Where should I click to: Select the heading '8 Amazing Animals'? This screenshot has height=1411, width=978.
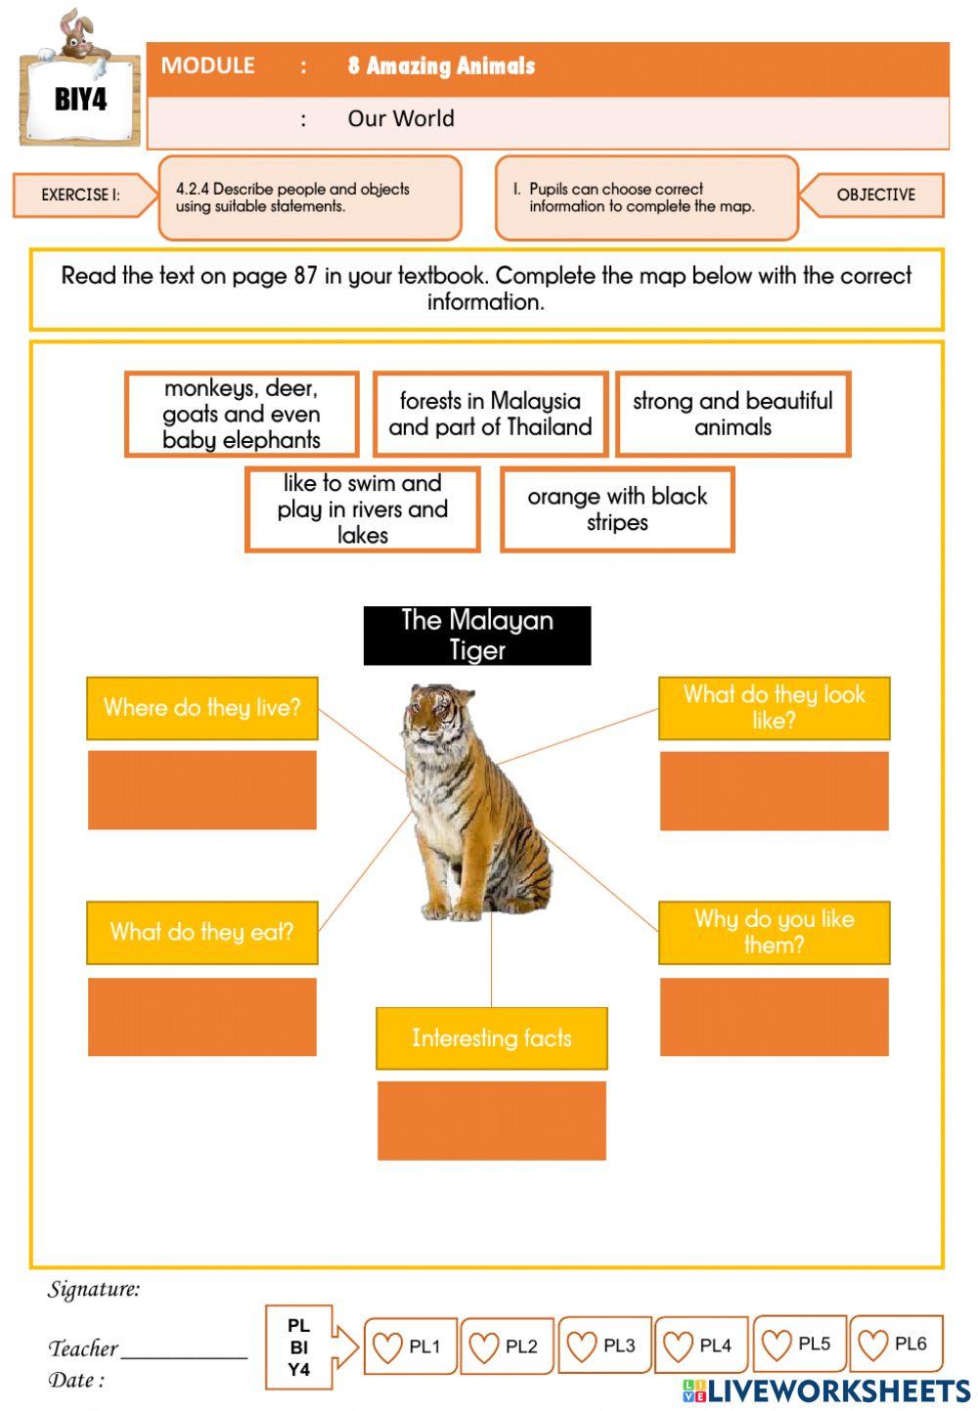[x=441, y=66]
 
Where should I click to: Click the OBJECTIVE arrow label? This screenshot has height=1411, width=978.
[x=874, y=195]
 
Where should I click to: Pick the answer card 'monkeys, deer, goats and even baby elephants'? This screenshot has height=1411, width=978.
[x=242, y=415]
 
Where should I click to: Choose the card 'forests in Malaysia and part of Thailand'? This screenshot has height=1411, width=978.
[x=490, y=415]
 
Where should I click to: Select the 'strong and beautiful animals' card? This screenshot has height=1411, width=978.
[x=733, y=415]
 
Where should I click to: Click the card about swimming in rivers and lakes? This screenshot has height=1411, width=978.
[x=362, y=509]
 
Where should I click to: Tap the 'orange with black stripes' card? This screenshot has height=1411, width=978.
[x=617, y=509]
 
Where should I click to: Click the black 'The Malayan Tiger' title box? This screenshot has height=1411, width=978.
[x=477, y=636]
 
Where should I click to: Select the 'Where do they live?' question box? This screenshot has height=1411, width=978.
[x=202, y=708]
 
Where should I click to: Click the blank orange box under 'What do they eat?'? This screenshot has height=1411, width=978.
[x=202, y=1017]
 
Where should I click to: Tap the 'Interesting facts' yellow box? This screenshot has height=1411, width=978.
[x=491, y=1038]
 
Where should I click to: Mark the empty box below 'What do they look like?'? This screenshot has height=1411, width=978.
[x=774, y=791]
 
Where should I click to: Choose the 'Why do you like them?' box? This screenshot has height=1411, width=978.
[x=774, y=933]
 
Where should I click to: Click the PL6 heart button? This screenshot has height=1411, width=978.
[x=895, y=1345]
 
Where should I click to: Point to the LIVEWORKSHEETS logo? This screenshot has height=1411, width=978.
[x=826, y=1390]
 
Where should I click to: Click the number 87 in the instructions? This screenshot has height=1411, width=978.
[x=305, y=276]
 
